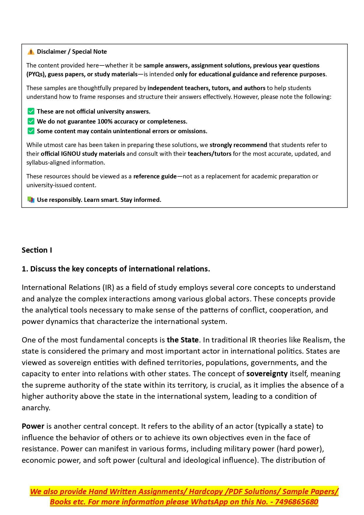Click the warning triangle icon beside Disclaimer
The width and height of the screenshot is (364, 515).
[x=31, y=52]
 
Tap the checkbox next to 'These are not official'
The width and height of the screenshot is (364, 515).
[x=31, y=112]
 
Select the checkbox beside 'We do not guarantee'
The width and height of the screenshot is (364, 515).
[x=31, y=121]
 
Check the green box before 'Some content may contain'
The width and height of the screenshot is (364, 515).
[x=31, y=131]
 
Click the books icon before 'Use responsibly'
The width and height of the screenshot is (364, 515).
[x=31, y=200]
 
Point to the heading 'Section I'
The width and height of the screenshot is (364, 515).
[x=37, y=250]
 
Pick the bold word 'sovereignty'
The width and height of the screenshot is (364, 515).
[x=267, y=374]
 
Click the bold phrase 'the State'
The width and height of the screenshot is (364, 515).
[x=183, y=340]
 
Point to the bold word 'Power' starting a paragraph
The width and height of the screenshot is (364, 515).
[x=33, y=426]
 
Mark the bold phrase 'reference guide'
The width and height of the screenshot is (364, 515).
[x=155, y=176]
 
